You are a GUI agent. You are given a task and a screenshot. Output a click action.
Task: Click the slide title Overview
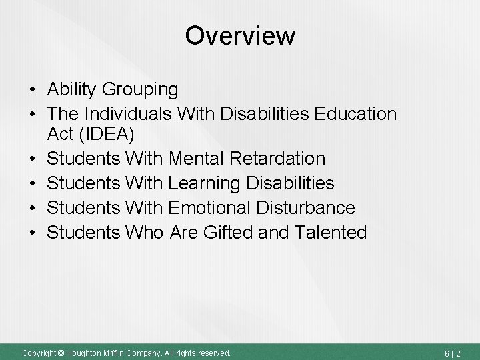tap(240, 35)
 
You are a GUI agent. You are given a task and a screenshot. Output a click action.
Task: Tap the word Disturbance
tap(309, 207)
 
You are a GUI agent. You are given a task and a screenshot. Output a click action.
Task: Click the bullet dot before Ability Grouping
tap(32, 90)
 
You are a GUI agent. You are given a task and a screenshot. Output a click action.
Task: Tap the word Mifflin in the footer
tap(115, 352)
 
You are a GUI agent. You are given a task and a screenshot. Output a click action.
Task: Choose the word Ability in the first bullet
tap(72, 89)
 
